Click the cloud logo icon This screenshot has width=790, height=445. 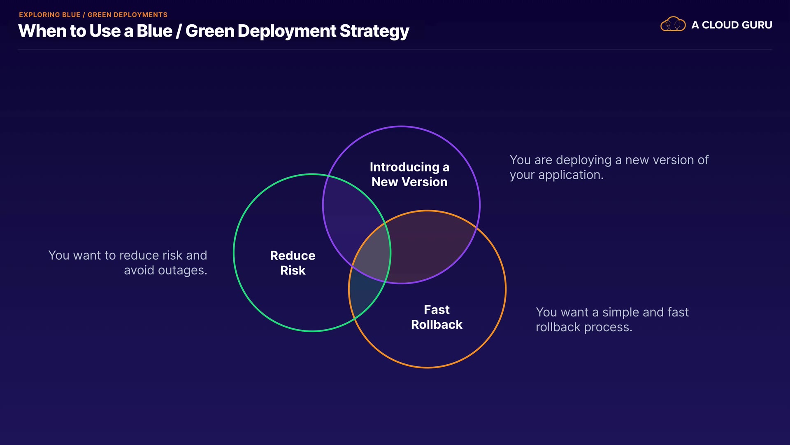(673, 24)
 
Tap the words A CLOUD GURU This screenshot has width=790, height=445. (732, 25)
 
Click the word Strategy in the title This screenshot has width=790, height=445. (374, 31)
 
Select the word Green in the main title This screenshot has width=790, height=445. (209, 31)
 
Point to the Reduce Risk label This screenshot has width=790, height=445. (293, 263)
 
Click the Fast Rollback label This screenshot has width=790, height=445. (437, 317)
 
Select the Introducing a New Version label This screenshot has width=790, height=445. (409, 174)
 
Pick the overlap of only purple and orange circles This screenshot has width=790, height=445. (428, 247)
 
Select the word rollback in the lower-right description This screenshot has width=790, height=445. (558, 327)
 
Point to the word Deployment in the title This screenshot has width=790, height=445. (287, 31)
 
